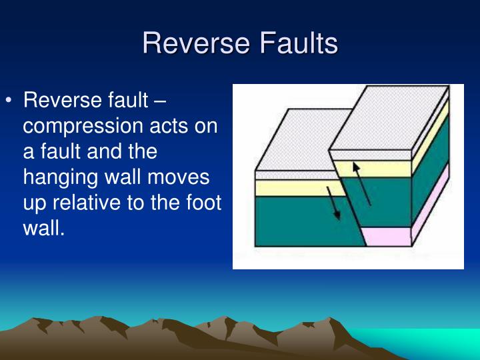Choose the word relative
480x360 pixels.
pos(97,203)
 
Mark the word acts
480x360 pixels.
pos(170,127)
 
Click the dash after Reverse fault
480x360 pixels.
pos(160,101)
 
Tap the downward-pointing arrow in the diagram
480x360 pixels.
pos(333,203)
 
